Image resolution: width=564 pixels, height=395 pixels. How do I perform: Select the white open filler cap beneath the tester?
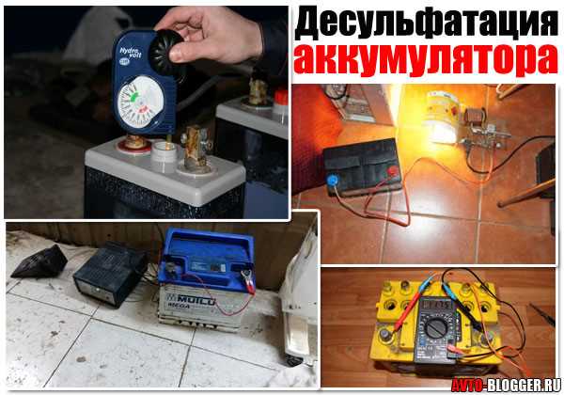(164, 151)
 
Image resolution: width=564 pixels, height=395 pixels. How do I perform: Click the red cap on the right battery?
(279, 96)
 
